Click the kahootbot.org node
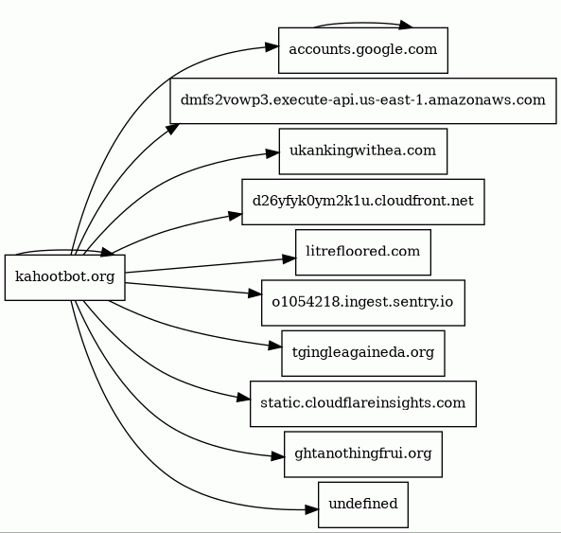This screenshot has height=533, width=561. pyautogui.click(x=64, y=277)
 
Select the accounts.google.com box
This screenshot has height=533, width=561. pyautogui.click(x=363, y=50)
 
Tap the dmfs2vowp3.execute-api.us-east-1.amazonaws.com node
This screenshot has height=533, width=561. pyautogui.click(x=363, y=101)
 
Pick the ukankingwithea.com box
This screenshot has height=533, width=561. pyautogui.click(x=363, y=151)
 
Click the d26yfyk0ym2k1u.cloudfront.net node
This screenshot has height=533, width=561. pyautogui.click(x=363, y=202)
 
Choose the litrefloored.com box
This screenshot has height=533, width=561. pyautogui.click(x=363, y=253)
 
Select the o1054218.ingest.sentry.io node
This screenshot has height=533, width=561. pyautogui.click(x=363, y=303)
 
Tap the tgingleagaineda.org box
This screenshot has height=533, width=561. pyautogui.click(x=363, y=353)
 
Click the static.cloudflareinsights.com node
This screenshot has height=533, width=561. pyautogui.click(x=363, y=404)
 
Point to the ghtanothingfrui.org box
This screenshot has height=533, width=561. pyautogui.click(x=363, y=454)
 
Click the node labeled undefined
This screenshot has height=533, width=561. pyautogui.click(x=363, y=505)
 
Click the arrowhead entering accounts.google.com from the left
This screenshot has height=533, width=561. pyautogui.click(x=272, y=47)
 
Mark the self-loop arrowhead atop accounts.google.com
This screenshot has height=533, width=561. pyautogui.click(x=406, y=25)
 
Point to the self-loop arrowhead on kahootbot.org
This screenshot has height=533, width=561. pyautogui.click(x=107, y=252)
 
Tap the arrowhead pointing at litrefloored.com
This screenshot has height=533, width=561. pyautogui.click(x=289, y=258)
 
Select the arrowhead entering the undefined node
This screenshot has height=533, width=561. pyautogui.click(x=311, y=509)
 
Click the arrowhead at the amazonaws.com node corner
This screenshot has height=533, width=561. pyautogui.click(x=172, y=129)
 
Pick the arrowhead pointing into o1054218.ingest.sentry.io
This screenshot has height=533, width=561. pyautogui.click(x=255, y=293)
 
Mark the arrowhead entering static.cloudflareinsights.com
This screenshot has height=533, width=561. pyautogui.click(x=244, y=398)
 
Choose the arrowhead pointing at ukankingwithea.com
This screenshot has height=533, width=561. pyautogui.click(x=272, y=153)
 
